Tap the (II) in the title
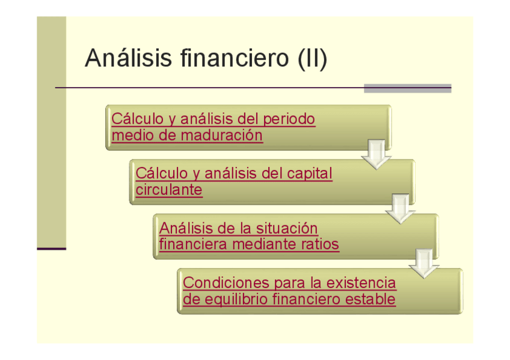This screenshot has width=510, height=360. coord(312,59)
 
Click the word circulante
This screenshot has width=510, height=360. coord(169,190)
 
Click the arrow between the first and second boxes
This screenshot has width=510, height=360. coord(376,155)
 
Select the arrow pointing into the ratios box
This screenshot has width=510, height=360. coord(400,209)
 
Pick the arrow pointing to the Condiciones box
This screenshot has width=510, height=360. coord(424,264)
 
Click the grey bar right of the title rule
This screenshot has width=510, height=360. coord(407,88)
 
